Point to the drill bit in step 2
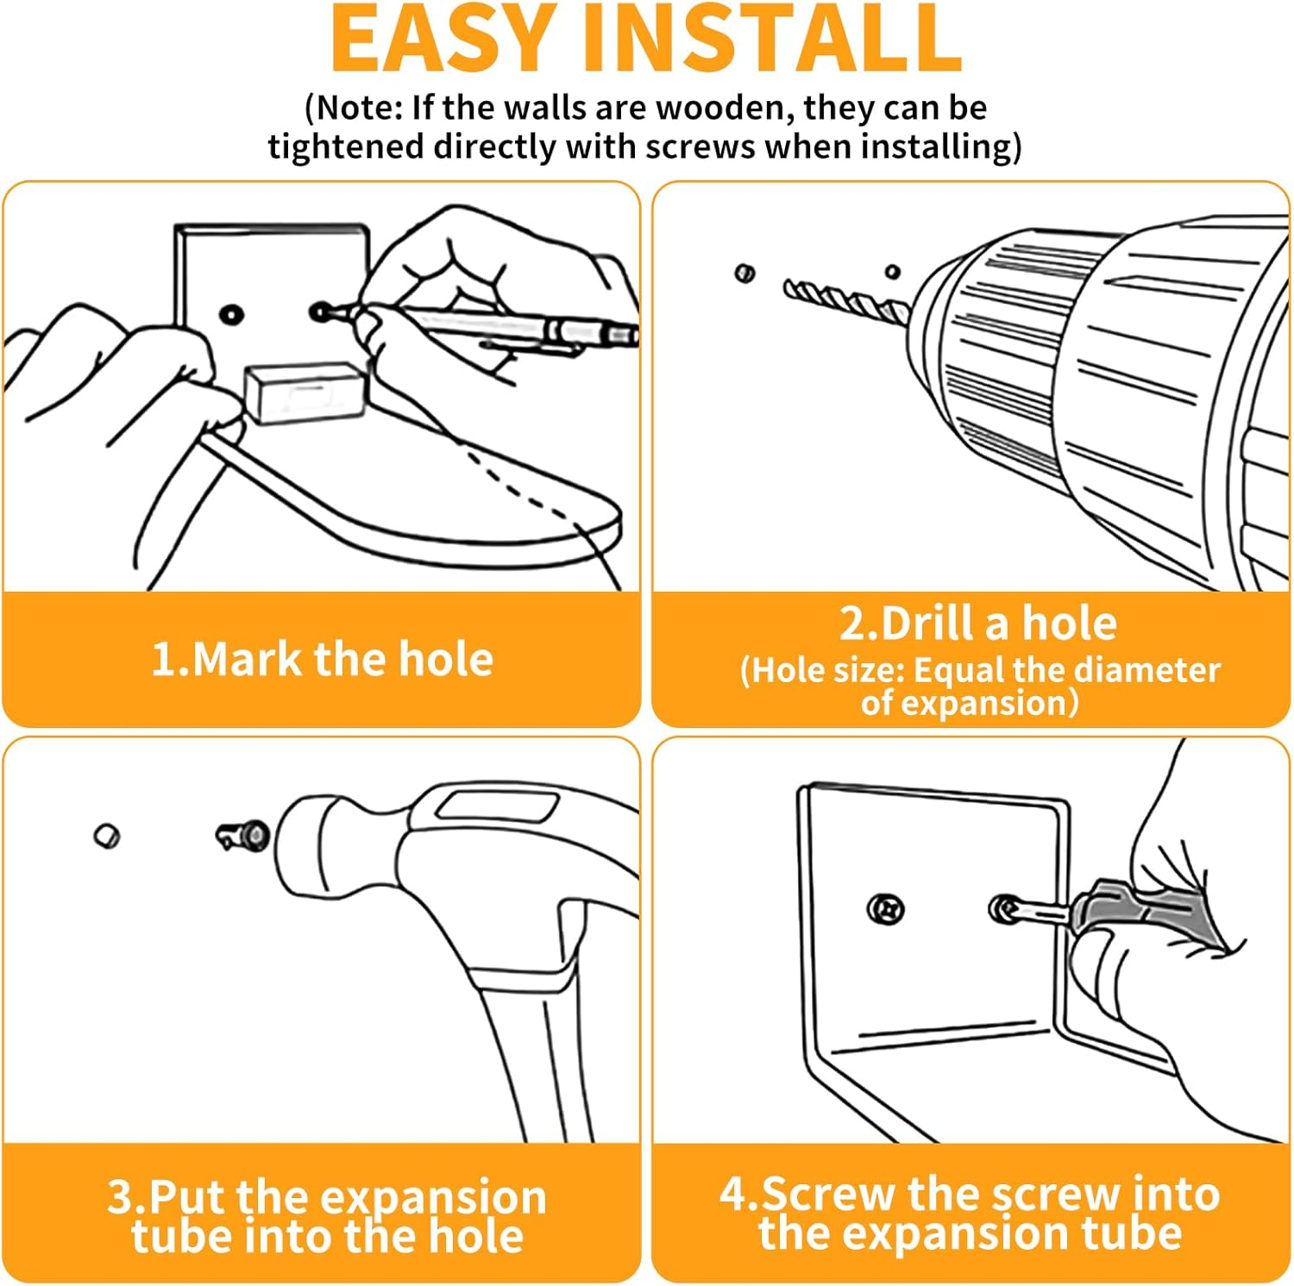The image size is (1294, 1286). (845, 297)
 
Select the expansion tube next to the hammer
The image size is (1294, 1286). (242, 835)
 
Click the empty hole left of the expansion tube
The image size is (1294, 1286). (107, 835)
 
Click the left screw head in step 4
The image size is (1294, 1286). (885, 909)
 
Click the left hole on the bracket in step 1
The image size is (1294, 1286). (230, 314)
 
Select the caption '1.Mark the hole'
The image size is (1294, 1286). (322, 660)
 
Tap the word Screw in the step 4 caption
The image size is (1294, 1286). (829, 1195)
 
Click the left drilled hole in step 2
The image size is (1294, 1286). (744, 273)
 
